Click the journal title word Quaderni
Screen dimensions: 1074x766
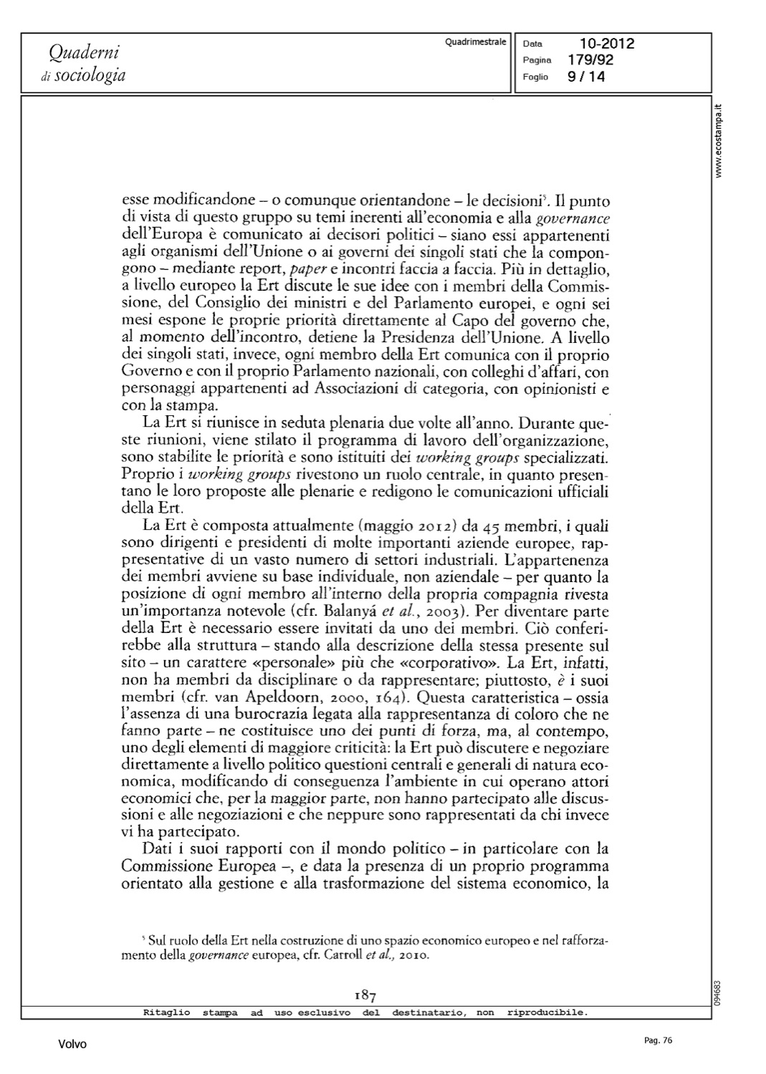tap(83, 52)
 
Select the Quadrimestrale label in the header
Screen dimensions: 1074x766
tap(475, 42)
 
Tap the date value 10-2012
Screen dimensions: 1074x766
tap(607, 44)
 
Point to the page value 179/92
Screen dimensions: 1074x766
tap(590, 60)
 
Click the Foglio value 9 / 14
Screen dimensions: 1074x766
tap(586, 77)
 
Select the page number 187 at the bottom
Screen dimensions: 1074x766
tap(365, 995)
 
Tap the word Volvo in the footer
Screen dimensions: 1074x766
tap(72, 1045)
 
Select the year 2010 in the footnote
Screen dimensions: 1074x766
tap(413, 955)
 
